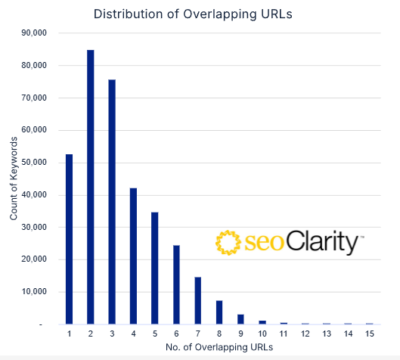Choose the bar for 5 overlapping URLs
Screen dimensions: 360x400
155,268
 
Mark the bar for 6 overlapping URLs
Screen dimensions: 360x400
176,284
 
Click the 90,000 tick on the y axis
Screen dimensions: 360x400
33,33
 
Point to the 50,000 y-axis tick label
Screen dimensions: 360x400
33,163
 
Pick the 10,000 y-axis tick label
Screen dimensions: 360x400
33,292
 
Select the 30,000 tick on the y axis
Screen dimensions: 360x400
33,227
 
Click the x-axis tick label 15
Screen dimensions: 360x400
369,334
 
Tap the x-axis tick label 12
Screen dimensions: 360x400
305,334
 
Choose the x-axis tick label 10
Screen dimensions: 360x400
262,334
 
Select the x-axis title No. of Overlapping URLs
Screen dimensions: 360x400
219,347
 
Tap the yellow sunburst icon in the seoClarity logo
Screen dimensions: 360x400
228,243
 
